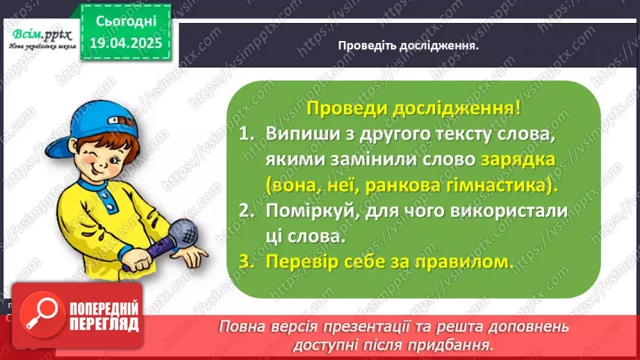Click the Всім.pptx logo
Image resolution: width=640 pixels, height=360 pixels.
[38, 37]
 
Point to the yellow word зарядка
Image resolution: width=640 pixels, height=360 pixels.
[517, 159]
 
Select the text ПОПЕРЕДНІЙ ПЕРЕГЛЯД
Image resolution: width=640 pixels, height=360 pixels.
[104, 317]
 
